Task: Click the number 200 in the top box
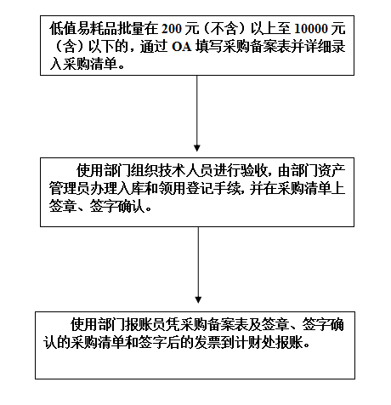point(171,29)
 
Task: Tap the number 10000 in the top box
point(311,29)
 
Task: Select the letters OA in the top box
point(182,47)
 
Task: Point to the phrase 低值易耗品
point(84,29)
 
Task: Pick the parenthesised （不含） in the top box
point(225,29)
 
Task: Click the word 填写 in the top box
point(208,47)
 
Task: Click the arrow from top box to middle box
point(197,113)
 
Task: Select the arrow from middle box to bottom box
point(198,265)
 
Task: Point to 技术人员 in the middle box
point(186,171)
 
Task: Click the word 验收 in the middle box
point(255,171)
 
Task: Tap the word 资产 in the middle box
point(332,171)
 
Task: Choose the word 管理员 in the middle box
point(70,189)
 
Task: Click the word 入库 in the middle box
point(132,189)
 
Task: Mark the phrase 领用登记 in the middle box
point(186,189)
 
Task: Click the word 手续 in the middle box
point(228,189)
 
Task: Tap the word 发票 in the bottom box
point(207,343)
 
